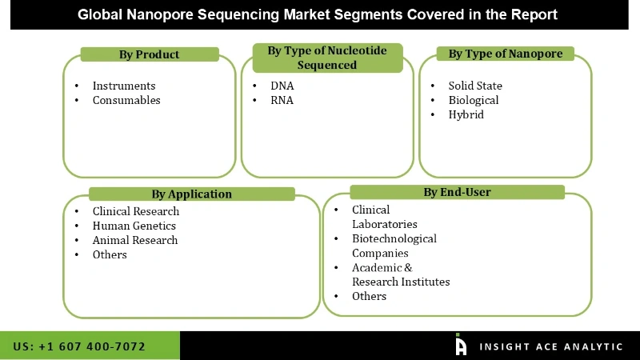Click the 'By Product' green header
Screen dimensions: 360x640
coord(150,54)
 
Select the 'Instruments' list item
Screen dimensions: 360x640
coord(124,86)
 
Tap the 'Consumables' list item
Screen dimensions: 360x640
coord(126,100)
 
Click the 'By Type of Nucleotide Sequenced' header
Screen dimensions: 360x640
coord(326,58)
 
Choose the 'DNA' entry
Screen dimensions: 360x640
coord(282,86)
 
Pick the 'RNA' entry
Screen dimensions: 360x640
coord(282,100)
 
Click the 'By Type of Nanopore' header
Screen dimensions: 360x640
coord(505,54)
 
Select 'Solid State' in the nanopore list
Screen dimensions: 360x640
coord(475,86)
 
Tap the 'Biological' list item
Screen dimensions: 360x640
coord(474,100)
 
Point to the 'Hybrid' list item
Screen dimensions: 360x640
coord(466,114)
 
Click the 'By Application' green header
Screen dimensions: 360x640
coord(192,194)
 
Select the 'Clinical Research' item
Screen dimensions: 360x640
coord(136,211)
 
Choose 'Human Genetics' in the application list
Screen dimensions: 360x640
coord(134,226)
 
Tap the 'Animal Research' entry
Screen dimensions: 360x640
coord(135,240)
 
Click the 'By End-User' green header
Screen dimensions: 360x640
coord(457,192)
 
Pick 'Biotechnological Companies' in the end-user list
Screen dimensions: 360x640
coord(394,246)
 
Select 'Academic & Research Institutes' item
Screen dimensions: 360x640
coord(401,274)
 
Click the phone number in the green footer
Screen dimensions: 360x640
coord(79,346)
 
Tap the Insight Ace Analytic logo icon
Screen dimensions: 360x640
coord(461,345)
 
